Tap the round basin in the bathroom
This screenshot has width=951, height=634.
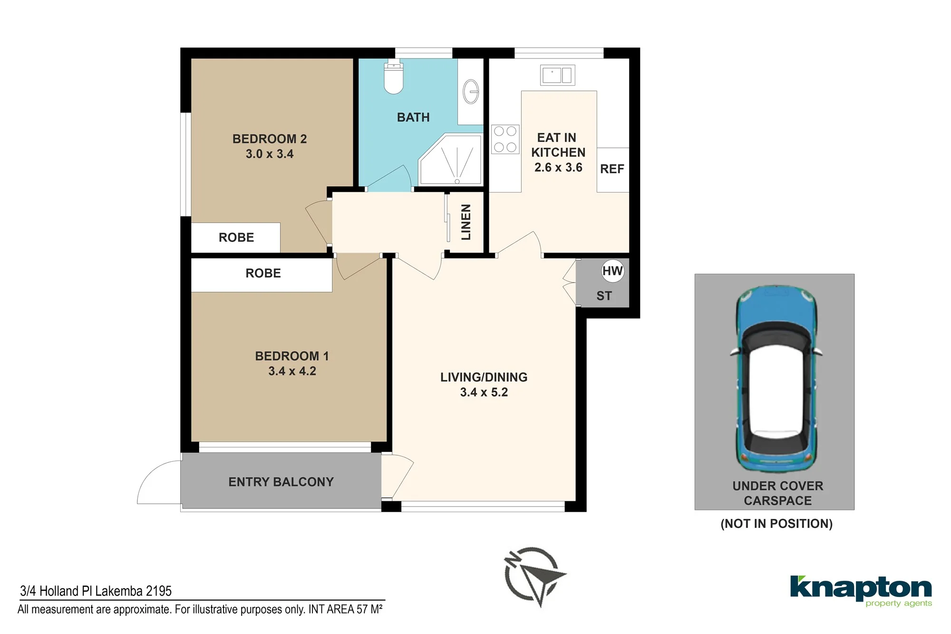tap(471, 91)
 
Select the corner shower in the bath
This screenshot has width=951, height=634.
tap(450, 159)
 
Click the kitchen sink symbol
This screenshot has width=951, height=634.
tap(557, 75)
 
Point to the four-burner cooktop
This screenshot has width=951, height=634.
tap(505, 139)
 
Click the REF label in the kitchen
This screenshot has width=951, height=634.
tap(612, 169)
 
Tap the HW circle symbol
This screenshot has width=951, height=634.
tap(612, 271)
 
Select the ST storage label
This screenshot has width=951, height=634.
tap(604, 296)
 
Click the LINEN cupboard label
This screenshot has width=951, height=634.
tap(466, 222)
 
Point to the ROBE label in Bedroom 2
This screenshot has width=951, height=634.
tap(236, 237)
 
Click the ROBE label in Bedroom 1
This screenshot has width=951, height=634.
tap(263, 273)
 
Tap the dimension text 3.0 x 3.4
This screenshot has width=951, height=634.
tap(270, 154)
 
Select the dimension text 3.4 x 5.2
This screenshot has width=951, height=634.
tap(484, 392)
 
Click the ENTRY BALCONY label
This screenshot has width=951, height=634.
tap(281, 482)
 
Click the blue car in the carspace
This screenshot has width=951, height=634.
tap(776, 379)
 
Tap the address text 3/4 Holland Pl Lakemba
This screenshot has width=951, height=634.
tap(96, 591)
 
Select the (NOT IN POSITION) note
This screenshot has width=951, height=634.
tap(776, 524)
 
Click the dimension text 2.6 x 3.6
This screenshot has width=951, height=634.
tap(558, 167)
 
